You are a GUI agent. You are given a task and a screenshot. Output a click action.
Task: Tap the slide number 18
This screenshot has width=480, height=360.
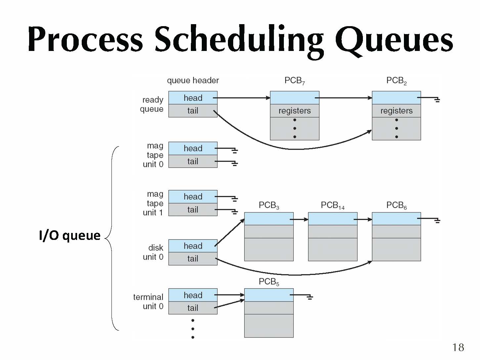[x=458, y=347]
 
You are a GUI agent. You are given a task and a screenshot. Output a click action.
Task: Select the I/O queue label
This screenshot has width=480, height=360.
[x=69, y=235]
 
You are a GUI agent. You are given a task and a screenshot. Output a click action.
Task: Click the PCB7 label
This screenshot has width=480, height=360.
[x=294, y=81]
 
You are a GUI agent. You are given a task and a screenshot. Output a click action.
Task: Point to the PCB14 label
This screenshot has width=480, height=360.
[x=332, y=205]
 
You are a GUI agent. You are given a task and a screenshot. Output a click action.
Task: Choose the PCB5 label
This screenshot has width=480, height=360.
[x=269, y=282]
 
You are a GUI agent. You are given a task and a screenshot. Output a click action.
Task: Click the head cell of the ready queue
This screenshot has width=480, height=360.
[x=193, y=98]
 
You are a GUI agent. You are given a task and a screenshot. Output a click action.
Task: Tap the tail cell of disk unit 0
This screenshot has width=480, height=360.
[x=193, y=258]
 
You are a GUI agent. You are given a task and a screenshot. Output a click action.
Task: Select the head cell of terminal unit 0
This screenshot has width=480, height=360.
[x=193, y=295]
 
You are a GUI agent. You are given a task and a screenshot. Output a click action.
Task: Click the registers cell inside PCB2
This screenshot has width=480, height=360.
[x=396, y=111]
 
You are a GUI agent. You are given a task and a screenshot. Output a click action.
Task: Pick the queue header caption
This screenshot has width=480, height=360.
[x=193, y=80]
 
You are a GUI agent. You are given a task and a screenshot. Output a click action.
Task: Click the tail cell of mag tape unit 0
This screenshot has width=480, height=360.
[x=193, y=161]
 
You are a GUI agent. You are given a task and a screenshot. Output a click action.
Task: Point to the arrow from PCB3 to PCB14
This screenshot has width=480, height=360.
[x=300, y=219]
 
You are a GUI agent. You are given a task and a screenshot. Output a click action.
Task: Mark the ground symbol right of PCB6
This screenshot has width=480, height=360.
[x=437, y=220]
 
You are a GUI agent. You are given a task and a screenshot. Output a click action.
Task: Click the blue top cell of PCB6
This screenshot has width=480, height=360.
[x=396, y=219]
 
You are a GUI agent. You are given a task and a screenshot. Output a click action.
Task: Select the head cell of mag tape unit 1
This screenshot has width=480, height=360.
[x=193, y=197]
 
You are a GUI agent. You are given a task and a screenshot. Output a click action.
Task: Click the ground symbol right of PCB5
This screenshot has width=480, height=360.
[x=310, y=297]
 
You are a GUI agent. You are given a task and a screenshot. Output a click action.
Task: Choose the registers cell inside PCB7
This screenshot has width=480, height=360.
[x=294, y=111]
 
